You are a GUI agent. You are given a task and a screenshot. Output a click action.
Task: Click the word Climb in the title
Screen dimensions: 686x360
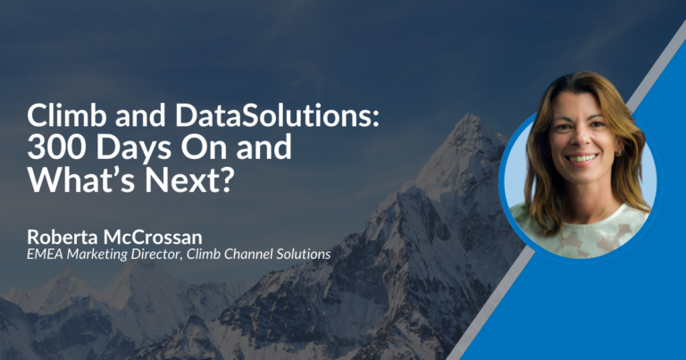(x=67, y=115)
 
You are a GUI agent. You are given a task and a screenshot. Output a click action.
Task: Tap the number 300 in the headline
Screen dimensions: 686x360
(x=56, y=147)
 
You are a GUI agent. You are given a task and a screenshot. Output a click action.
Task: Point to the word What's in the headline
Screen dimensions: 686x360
(x=81, y=180)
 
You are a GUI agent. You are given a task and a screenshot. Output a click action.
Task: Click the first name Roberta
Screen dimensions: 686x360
(x=63, y=237)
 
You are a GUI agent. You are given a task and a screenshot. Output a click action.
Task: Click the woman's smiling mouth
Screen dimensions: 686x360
(x=581, y=158)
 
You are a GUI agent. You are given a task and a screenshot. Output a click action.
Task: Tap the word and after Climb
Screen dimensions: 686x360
(x=141, y=116)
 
